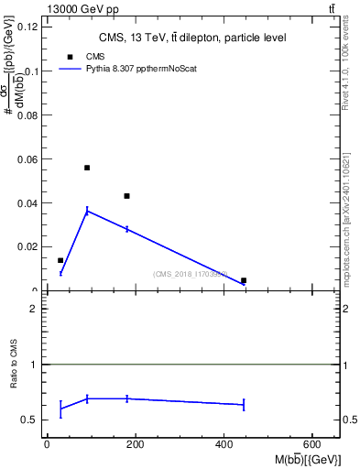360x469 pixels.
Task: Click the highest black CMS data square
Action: [x=87, y=168]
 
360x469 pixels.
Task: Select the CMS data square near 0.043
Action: [x=126, y=196]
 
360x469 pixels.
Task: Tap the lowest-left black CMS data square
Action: [x=60, y=261]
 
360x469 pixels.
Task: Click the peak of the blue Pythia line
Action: [x=87, y=211]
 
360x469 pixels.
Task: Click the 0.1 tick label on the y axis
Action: [x=30, y=71]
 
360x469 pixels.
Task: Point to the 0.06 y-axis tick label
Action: [x=27, y=159]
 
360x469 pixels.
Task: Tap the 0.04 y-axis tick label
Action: [x=27, y=203]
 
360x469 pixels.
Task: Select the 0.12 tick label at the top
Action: [x=27, y=27]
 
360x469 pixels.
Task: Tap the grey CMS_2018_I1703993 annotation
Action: [x=190, y=274]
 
